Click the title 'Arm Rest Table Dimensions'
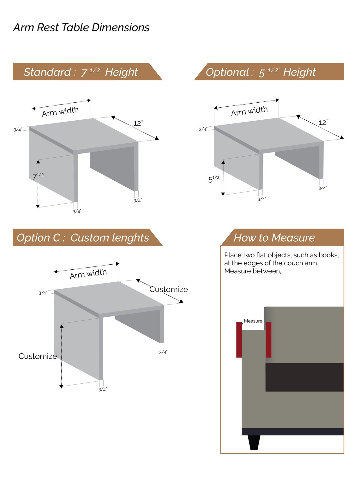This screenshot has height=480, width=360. click(x=81, y=28)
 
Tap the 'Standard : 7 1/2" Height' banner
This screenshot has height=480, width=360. click(x=87, y=72)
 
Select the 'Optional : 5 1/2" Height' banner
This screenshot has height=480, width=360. click(x=269, y=72)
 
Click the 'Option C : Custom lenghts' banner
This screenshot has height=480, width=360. click(x=87, y=237)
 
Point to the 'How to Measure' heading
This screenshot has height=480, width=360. click(x=282, y=237)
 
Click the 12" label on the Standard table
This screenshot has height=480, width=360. click(x=138, y=123)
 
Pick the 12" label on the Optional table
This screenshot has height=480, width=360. click(x=323, y=123)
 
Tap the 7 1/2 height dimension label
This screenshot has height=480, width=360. click(x=38, y=176)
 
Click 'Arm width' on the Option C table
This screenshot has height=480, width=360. click(x=88, y=274)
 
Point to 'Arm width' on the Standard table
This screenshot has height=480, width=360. click(x=60, y=111)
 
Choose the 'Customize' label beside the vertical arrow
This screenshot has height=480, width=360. click(x=38, y=356)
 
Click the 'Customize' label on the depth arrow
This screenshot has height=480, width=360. click(x=169, y=289)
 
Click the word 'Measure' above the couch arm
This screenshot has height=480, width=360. click(x=253, y=321)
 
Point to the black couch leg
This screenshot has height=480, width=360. click(x=254, y=442)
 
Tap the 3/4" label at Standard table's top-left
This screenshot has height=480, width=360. click(x=18, y=130)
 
